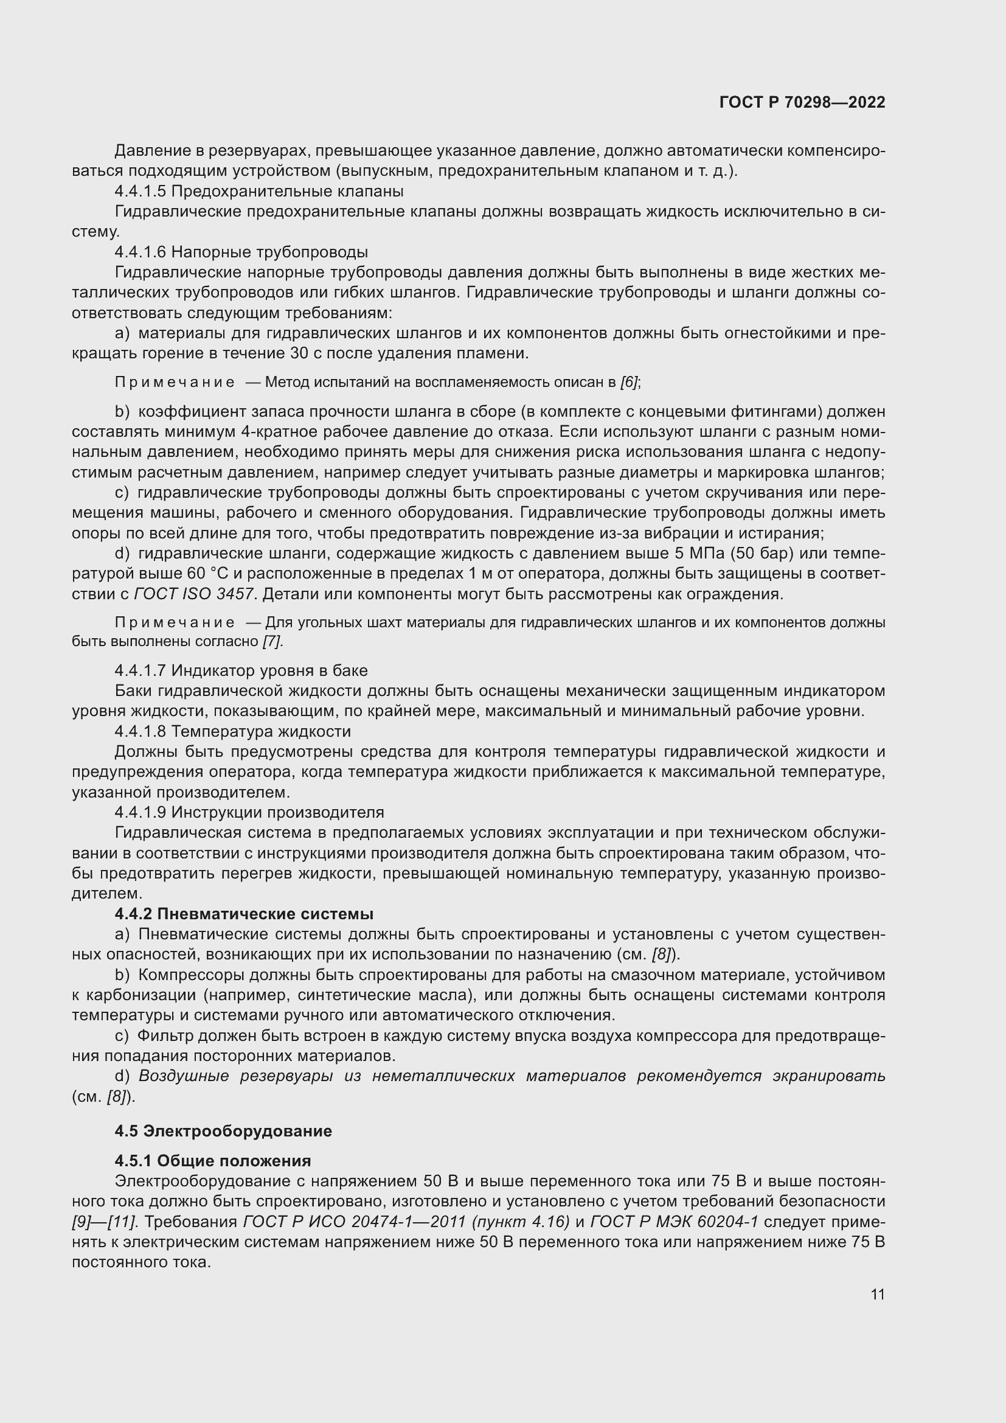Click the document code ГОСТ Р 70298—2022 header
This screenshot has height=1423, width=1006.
802,102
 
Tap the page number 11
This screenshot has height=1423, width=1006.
877,1294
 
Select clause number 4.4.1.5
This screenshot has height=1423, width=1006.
140,191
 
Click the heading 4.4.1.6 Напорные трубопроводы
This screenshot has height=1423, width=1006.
241,252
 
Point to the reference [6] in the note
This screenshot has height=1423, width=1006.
630,382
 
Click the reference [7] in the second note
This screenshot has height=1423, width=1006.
271,641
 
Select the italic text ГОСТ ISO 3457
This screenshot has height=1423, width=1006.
193,594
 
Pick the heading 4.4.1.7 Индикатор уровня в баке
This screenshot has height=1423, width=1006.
241,670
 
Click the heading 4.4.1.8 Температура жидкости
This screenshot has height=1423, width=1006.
232,731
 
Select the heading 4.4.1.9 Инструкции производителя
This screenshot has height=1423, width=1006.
249,812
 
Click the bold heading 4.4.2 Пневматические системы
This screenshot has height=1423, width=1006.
244,914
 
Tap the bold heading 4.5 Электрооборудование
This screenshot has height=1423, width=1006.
223,1130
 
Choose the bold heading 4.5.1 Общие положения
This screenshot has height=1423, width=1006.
212,1160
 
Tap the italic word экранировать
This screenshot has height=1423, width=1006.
828,1076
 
